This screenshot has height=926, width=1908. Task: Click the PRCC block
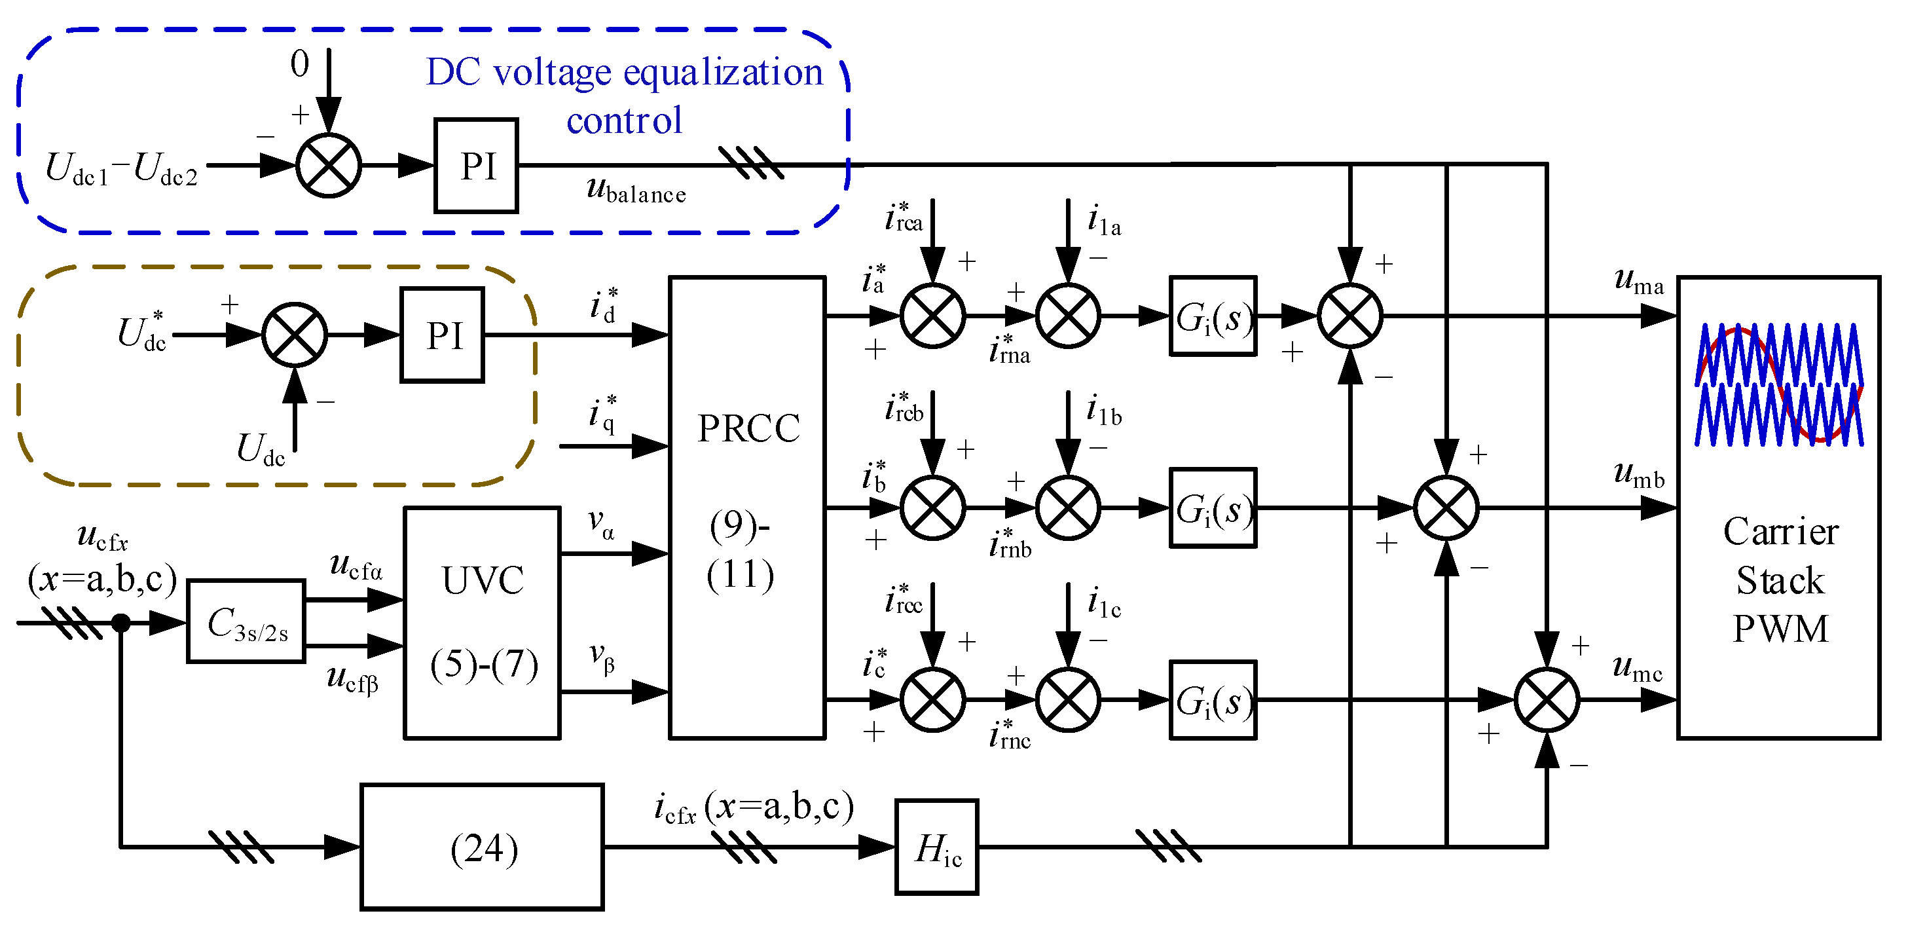(746, 508)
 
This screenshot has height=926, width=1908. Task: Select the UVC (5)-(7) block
(482, 622)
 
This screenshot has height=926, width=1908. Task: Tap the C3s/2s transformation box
(246, 621)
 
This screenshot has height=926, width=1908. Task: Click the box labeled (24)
(482, 847)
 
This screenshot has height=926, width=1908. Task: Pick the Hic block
(937, 847)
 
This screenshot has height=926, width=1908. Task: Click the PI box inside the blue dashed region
(476, 165)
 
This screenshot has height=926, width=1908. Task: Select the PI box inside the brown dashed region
(442, 335)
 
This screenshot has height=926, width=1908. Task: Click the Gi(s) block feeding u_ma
(1213, 316)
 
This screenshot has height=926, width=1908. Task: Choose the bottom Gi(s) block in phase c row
(1213, 700)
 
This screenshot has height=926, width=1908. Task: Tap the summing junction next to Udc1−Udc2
(329, 165)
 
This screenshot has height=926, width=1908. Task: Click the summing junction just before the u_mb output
(1446, 508)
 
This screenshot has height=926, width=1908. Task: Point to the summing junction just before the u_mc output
(1547, 700)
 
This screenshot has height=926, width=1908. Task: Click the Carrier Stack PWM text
(1780, 580)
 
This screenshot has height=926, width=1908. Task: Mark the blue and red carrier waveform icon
(1779, 384)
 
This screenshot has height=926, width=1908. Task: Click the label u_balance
(636, 191)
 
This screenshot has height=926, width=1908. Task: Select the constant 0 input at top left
(299, 64)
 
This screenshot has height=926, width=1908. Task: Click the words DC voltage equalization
(625, 73)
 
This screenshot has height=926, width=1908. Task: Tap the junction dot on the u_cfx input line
(120, 623)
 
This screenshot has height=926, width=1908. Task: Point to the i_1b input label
(1104, 411)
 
